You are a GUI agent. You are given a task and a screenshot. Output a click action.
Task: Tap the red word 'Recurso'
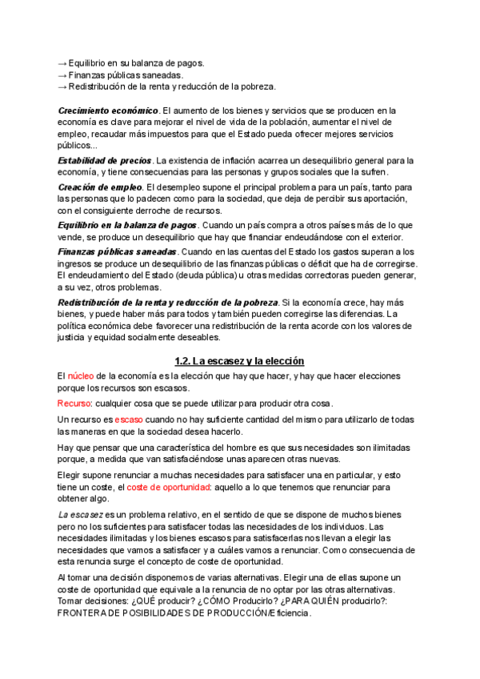74,403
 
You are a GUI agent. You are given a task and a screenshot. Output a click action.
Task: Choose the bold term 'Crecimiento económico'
108,110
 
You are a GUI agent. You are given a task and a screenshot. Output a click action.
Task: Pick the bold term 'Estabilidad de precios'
104,160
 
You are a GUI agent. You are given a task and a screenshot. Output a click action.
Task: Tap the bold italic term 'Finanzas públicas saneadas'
118,251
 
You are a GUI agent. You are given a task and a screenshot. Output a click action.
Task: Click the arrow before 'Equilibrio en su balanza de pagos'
62,62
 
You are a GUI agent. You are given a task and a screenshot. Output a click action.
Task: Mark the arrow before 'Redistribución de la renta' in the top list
62,86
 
